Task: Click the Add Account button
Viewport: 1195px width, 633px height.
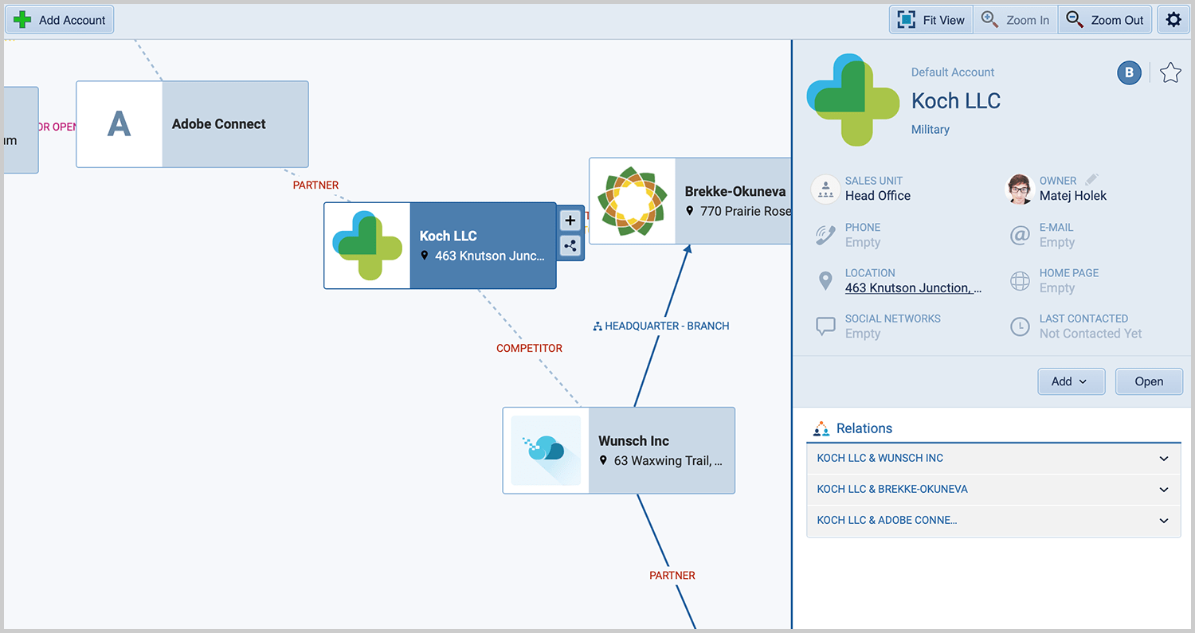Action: pos(60,20)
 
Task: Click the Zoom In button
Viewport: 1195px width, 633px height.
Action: pos(1016,20)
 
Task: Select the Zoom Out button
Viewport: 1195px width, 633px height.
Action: pos(1105,20)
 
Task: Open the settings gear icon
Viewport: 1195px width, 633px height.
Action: pos(1173,20)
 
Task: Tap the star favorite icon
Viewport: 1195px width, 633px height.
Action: pos(1170,73)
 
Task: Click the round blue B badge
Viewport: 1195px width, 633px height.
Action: pos(1128,73)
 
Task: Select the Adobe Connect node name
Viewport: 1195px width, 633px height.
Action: pos(219,124)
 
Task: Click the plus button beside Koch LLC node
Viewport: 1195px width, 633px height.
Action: pos(570,221)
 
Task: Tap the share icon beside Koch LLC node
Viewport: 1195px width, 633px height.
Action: pos(570,246)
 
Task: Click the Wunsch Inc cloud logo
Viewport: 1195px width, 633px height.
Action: pos(546,450)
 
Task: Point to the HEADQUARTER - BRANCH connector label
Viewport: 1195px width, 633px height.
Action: pos(661,326)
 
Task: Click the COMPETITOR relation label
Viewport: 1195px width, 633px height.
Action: pos(529,348)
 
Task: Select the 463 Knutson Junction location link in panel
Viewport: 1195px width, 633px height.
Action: pos(913,288)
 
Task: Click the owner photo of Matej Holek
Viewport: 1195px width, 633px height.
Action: pos(1020,189)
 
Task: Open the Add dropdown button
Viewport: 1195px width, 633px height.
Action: pos(1071,381)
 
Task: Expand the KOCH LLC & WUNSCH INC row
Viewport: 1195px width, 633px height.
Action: pos(993,459)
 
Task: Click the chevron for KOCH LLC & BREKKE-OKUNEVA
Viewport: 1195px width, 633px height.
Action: pos(1164,490)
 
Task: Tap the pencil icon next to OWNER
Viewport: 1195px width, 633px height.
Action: pos(1091,180)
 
